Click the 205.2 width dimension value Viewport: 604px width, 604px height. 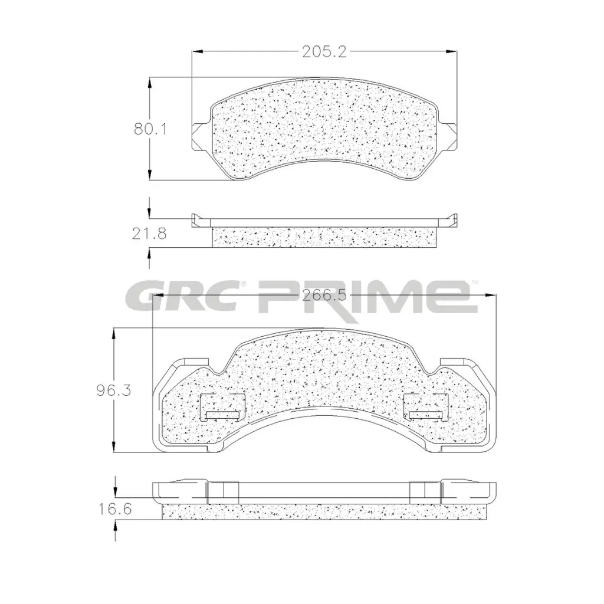[x=324, y=52]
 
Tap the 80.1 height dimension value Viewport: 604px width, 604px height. [x=150, y=129]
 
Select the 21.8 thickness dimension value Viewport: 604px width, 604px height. [x=150, y=234]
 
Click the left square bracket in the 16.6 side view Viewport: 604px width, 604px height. [x=224, y=492]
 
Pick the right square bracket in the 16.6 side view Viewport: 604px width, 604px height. [x=425, y=492]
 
